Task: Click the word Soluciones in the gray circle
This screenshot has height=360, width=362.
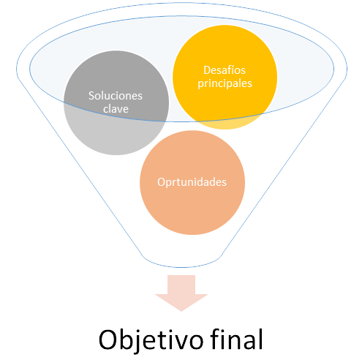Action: (x=116, y=96)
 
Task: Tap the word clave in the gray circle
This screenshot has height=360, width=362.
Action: (x=116, y=109)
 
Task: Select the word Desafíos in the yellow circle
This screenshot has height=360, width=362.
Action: (x=225, y=70)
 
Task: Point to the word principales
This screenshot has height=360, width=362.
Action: (x=225, y=83)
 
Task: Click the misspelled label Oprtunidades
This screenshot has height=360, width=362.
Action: (x=192, y=182)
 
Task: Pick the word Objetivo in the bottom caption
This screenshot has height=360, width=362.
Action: (x=151, y=340)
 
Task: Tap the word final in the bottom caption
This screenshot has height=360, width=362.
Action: (x=237, y=339)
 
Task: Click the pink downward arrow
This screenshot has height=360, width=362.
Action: (x=181, y=293)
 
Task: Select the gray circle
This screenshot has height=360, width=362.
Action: (x=116, y=102)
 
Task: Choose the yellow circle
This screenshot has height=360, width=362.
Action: (x=225, y=77)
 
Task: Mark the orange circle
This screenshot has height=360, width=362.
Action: (x=192, y=182)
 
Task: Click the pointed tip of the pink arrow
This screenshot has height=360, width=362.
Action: (x=181, y=311)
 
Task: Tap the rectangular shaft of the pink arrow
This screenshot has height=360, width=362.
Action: (x=181, y=285)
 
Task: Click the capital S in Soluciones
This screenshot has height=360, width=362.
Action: (x=91, y=96)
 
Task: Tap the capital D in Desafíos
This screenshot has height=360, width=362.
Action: (x=207, y=70)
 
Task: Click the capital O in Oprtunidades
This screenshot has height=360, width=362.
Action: (x=161, y=182)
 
